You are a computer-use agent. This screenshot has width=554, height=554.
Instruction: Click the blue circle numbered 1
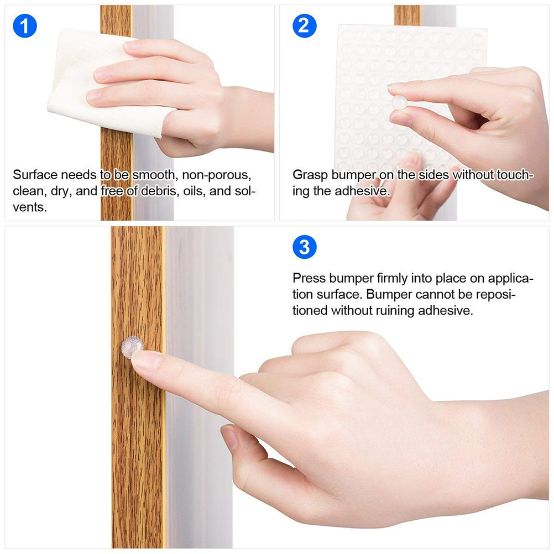pos(25,26)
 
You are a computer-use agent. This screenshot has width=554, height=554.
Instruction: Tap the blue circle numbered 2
pos(305,26)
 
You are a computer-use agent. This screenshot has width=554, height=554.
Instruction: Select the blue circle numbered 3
pos(305,247)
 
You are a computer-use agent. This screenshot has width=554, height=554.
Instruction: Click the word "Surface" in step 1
pos(35,175)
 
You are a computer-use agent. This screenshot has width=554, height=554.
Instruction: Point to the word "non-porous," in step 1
pos(217,175)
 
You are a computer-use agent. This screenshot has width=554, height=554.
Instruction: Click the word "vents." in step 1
pos(30,207)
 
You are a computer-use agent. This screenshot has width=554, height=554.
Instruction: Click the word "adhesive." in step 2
pos(363,191)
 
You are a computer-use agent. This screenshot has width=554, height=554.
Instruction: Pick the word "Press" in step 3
pos(309,279)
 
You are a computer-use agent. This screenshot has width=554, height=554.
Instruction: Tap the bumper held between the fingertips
pos(399,102)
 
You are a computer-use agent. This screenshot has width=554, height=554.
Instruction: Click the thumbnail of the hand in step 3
pos(229,437)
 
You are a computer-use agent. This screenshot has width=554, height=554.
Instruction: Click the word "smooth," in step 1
pos(154,175)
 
